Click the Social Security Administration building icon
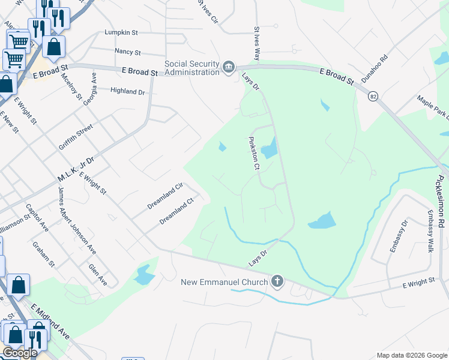tap(229, 67)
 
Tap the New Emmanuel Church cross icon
tap(277, 281)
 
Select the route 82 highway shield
tap(374, 96)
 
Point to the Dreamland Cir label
tap(164, 196)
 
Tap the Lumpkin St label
tap(122, 32)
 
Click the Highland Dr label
tap(128, 91)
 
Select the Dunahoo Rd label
tap(375, 69)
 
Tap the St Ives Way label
tap(256, 43)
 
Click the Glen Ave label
tap(97, 275)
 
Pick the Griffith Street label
tap(76, 137)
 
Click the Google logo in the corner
tap(20, 353)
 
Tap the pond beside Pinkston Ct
tap(270, 148)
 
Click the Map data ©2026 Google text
tap(412, 355)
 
